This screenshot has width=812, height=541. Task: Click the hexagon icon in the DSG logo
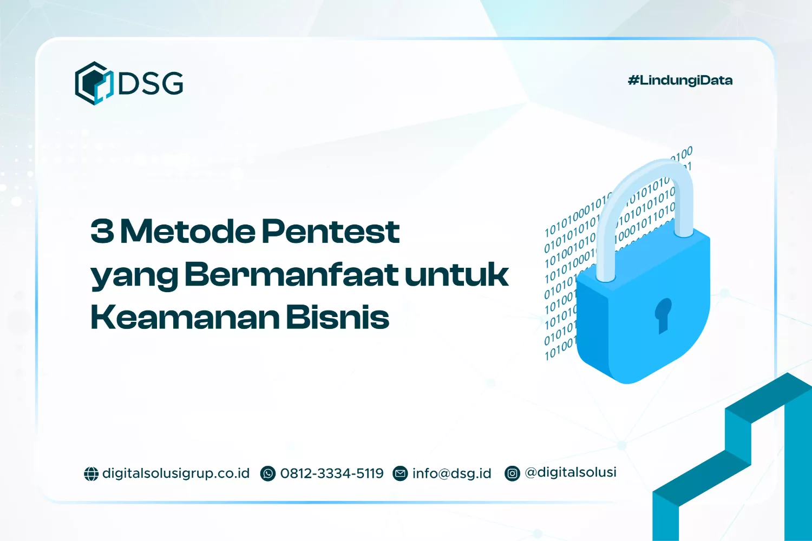pyautogui.click(x=94, y=83)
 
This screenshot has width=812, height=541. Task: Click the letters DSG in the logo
pyautogui.click(x=150, y=83)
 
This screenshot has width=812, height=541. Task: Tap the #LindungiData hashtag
pyautogui.click(x=680, y=81)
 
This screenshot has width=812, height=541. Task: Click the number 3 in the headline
pyautogui.click(x=102, y=231)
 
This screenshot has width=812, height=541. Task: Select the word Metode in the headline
pyautogui.click(x=188, y=231)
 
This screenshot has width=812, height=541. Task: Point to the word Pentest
pyautogui.click(x=331, y=231)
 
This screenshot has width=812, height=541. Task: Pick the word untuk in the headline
pyautogui.click(x=456, y=274)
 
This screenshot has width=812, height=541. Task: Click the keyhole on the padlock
pyautogui.click(x=663, y=315)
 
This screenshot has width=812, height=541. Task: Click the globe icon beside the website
pyautogui.click(x=91, y=474)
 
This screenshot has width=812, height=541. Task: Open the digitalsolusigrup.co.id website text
pyautogui.click(x=176, y=473)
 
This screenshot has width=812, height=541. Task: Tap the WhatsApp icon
pyautogui.click(x=268, y=474)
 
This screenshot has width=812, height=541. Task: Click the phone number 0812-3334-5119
pyautogui.click(x=332, y=473)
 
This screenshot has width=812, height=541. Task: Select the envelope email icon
pyautogui.click(x=400, y=474)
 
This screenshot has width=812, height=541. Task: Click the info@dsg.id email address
pyautogui.click(x=451, y=473)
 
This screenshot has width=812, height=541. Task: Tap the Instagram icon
pyautogui.click(x=512, y=474)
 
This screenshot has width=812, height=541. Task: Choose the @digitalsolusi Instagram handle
pyautogui.click(x=571, y=472)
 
